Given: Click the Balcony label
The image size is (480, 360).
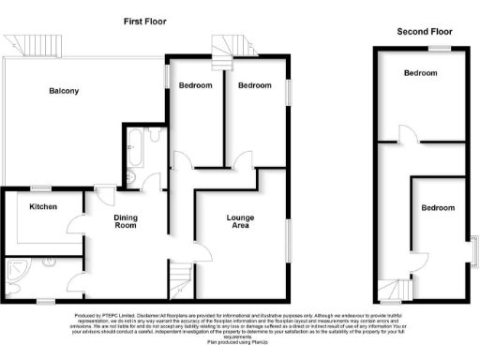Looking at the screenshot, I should [65, 91].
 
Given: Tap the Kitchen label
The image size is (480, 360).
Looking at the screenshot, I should [43, 206].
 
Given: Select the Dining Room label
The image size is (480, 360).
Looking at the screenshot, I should [126, 222].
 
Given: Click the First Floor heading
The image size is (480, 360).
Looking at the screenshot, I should [145, 21].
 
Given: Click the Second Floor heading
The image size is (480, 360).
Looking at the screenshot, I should [424, 31].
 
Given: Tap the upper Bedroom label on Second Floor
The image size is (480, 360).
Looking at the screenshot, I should [420, 72].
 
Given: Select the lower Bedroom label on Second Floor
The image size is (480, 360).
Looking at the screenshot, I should [436, 207].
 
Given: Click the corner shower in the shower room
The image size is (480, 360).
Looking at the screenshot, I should [16, 273].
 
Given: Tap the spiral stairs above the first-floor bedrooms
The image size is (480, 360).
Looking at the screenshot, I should [227, 44].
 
